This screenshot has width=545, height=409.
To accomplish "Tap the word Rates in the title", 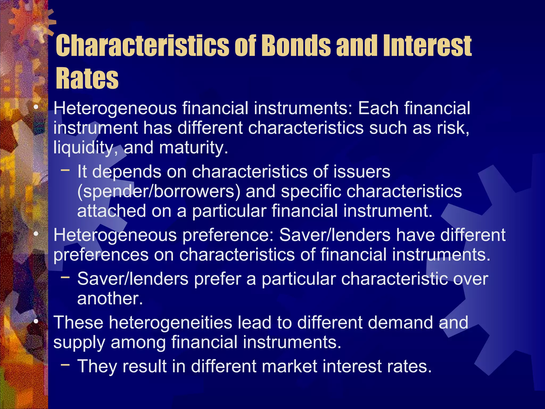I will point(87,78).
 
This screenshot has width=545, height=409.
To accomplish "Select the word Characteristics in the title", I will point(142,46).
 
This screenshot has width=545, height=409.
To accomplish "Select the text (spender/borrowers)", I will point(159,191).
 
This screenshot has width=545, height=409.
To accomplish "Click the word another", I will point(110,298).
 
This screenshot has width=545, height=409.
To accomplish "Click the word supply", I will point(79,342).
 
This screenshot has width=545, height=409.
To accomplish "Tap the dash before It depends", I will point(65,170).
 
